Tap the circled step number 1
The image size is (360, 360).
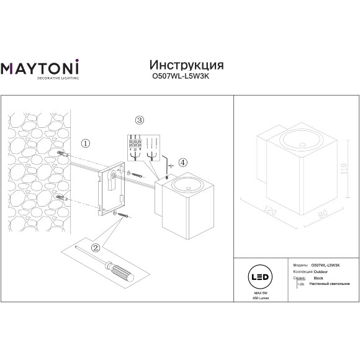(86, 143)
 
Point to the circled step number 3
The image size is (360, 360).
(140, 120)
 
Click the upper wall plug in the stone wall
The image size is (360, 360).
(61, 153)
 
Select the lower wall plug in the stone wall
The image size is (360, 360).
(61, 197)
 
